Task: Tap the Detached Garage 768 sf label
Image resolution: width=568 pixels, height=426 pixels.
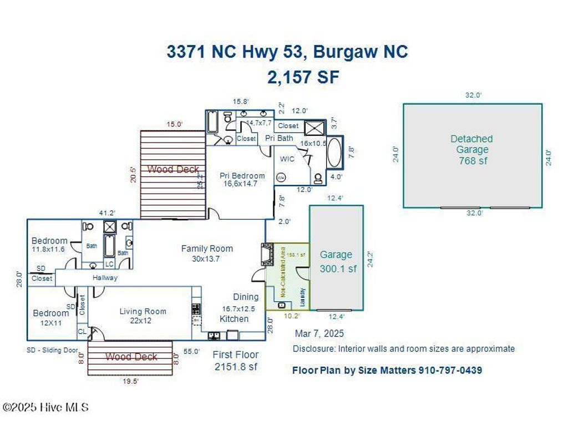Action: [x=471, y=150]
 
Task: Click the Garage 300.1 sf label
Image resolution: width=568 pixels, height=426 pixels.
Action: [x=337, y=261]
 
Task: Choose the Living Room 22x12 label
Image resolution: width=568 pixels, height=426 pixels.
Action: [x=143, y=316]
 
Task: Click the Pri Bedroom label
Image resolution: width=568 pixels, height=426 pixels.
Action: [x=242, y=179]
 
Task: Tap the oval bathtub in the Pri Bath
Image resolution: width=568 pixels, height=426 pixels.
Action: [x=334, y=153]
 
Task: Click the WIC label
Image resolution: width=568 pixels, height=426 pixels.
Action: [x=287, y=159]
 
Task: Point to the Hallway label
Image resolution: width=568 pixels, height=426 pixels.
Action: [x=105, y=278]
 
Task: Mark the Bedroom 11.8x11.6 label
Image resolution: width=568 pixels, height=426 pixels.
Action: [x=49, y=245]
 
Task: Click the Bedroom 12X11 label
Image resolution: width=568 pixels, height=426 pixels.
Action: [x=50, y=317]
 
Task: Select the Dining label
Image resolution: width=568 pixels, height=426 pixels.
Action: [x=246, y=297]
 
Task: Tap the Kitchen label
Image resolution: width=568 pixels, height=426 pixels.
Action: [x=234, y=319]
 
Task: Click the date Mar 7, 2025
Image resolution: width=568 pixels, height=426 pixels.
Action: [x=319, y=333]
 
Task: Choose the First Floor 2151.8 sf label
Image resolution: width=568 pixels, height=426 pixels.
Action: [x=236, y=361]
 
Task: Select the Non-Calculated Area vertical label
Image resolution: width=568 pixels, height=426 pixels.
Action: [x=282, y=272]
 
